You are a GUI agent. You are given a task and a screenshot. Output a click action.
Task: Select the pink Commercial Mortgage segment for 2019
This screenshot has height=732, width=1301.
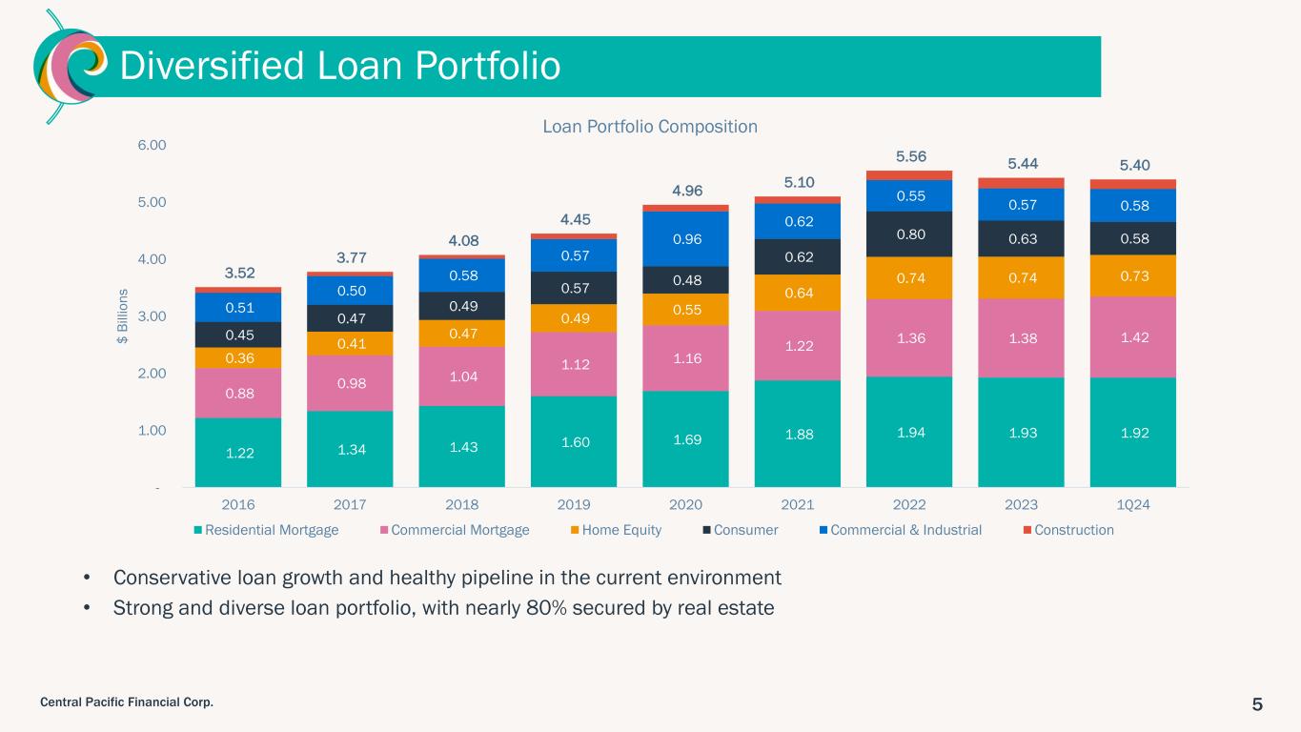point(574,363)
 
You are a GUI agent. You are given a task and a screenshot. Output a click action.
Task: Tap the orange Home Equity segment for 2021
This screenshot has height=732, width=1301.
point(798,293)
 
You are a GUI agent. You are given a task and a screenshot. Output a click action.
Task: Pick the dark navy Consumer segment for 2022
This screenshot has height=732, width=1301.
point(909,234)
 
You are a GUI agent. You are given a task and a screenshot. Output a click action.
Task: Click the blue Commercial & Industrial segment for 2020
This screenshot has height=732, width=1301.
point(685,238)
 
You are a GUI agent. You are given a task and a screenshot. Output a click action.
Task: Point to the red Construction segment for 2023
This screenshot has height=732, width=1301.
point(1021,183)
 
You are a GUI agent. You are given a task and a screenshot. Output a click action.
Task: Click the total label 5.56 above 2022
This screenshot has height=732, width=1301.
point(910,156)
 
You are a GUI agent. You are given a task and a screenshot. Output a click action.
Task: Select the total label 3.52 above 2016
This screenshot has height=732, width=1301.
point(239,274)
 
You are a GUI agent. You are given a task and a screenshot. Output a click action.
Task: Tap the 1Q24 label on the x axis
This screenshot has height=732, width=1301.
point(1132,504)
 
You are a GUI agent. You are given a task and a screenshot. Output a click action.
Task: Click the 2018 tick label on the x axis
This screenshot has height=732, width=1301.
point(462,504)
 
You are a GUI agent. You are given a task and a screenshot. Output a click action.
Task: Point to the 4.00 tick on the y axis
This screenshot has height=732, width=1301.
point(152,259)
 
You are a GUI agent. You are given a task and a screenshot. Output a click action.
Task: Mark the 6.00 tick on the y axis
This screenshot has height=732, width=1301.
point(152,145)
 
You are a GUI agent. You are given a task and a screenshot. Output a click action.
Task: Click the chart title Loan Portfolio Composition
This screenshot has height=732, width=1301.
point(650,126)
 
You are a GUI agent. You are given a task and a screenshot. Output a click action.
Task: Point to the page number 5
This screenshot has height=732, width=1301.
point(1257,704)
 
